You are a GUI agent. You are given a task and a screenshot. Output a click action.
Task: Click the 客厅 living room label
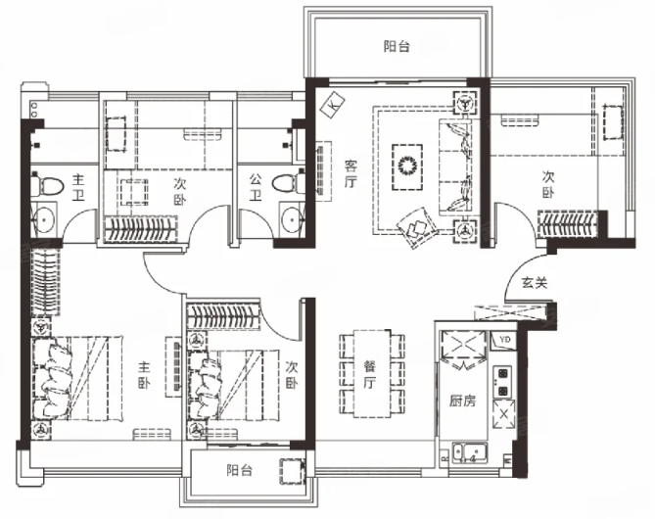pos(351,174)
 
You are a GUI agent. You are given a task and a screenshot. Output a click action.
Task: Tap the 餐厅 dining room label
pos(370,374)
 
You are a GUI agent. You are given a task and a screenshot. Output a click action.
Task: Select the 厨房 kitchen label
pos(462,401)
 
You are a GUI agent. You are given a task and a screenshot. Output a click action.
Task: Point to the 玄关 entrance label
pos(535,283)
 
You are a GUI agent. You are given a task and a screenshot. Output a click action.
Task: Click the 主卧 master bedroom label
pos(145,375)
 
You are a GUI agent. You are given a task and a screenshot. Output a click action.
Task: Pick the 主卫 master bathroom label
pos(78,187)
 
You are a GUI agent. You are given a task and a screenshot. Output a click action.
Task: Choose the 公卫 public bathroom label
pos(256,187)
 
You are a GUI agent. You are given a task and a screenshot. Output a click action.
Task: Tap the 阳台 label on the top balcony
pos(397,46)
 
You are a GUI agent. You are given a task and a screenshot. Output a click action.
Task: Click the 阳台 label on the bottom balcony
pos(239,470)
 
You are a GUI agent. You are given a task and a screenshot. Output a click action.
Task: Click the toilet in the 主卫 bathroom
pos(47,185)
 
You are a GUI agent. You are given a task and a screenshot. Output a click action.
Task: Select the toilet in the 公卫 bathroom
pos(288,184)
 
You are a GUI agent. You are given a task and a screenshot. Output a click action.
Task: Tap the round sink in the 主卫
pos(43,217)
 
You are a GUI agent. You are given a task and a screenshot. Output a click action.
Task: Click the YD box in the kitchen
pos(504,340)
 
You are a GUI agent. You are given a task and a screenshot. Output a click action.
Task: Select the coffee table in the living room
pos(407,167)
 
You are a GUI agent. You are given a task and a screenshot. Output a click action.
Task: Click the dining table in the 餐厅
pos(372,373)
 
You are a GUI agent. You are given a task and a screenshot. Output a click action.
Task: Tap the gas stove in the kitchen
pos(502,382)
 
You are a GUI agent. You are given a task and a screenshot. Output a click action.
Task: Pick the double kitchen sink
pos(470,453)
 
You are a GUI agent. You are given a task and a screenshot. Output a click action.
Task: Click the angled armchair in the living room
pos(416,228)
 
